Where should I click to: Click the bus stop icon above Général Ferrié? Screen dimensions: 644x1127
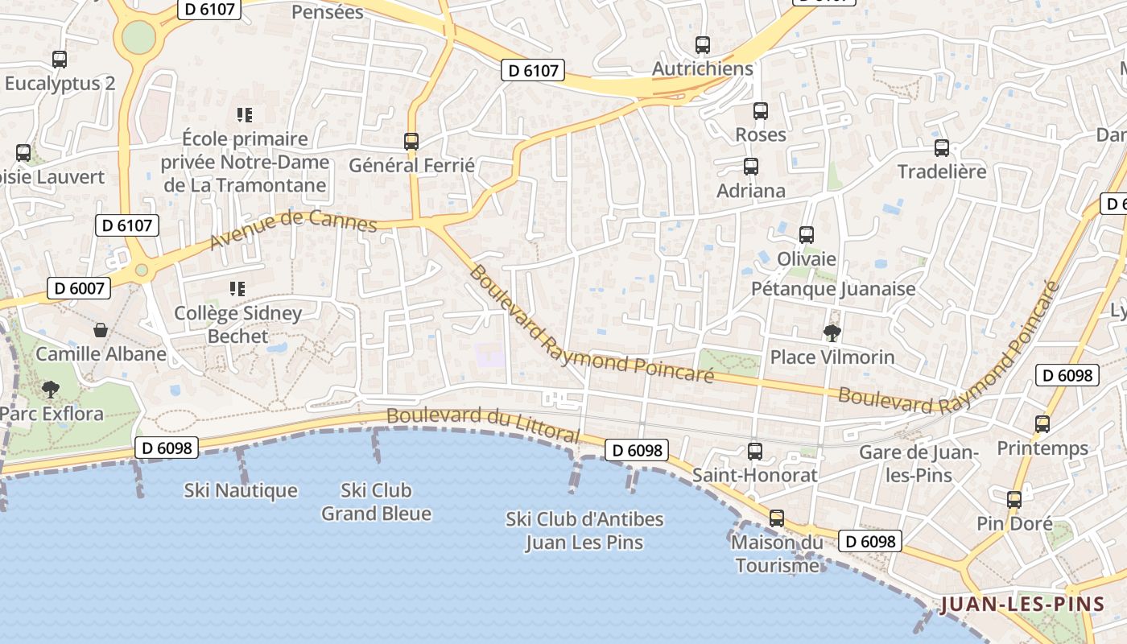pos(411,141)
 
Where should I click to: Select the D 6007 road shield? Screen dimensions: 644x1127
pos(78,287)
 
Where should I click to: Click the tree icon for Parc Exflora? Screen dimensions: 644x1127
pos(51,390)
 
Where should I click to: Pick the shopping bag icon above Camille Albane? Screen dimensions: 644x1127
pos(101,329)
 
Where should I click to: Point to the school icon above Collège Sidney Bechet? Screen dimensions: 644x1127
pos(237,288)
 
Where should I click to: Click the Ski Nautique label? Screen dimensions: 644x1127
pos(241,490)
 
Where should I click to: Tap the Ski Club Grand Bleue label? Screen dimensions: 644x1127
pos(377,502)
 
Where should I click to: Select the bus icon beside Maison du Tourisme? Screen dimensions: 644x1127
pos(776,518)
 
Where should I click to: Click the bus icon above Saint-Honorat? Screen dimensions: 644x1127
pos(755,451)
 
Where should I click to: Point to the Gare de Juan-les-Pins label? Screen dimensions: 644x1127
pos(919,464)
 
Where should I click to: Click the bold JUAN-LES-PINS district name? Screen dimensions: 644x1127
pos(1022,605)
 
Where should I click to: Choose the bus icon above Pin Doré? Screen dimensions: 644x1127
pos(1014,499)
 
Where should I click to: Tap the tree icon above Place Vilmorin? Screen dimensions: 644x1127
pos(832,332)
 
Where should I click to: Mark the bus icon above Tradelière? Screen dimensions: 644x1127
pos(942,147)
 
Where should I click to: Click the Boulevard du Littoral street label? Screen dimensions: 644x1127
pos(482,423)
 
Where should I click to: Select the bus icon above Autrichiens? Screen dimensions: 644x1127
pos(703,44)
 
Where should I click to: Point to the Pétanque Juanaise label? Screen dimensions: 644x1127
pos(833,288)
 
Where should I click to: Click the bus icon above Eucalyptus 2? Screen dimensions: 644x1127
pos(60,59)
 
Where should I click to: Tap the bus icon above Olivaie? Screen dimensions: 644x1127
pos(807,234)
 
